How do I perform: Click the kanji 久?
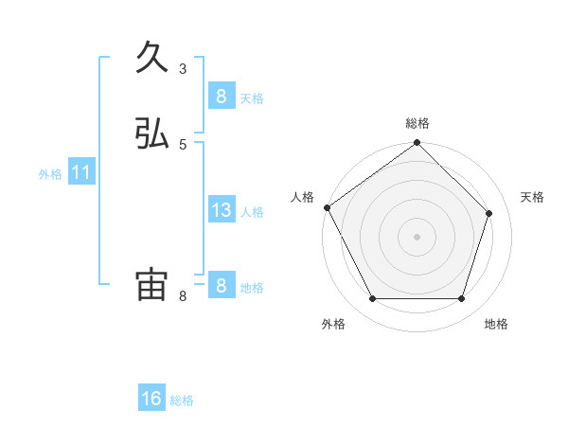(152, 58)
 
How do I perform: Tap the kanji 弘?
(152, 134)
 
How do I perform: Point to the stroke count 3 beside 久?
(183, 68)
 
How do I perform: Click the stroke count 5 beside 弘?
(183, 144)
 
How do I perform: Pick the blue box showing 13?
(221, 210)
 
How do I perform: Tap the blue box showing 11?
(81, 173)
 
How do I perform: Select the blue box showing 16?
(151, 399)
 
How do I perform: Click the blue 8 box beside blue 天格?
(221, 96)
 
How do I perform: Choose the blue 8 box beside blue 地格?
(221, 285)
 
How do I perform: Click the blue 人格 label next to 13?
(253, 212)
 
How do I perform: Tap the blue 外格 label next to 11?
(50, 174)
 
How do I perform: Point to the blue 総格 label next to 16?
(183, 400)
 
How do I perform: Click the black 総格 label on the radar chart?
(417, 123)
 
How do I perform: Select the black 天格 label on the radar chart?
(533, 197)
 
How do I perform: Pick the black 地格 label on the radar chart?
(496, 324)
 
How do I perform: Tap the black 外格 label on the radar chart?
(333, 324)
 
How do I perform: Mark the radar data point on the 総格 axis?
(417, 143)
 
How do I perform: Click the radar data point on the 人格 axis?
(327, 207)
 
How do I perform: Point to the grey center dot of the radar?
(417, 237)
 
